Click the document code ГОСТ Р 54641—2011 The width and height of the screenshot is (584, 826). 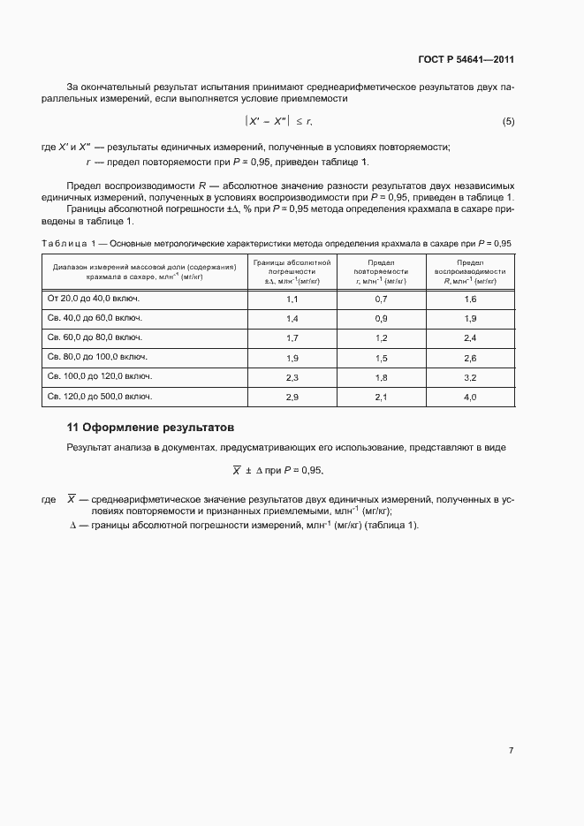coord(466,60)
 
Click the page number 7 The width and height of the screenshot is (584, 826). coord(511,750)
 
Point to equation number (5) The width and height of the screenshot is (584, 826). coord(508,121)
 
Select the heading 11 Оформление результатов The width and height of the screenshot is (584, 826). coord(150,427)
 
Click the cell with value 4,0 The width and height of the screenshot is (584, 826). coord(470,398)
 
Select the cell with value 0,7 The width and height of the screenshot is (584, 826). coord(381,299)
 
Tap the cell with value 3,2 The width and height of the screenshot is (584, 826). coord(470,377)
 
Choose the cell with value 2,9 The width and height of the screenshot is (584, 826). coord(292,398)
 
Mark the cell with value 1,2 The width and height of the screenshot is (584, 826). coord(381,338)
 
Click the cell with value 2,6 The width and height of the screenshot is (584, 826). coord(470,358)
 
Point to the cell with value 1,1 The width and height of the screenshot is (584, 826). coord(292,299)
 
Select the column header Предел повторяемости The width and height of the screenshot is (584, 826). coord(381,271)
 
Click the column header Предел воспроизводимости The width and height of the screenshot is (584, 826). coord(470,271)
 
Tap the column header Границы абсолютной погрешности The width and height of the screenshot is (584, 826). coord(292,271)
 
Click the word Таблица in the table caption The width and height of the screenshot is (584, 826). coord(64,243)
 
